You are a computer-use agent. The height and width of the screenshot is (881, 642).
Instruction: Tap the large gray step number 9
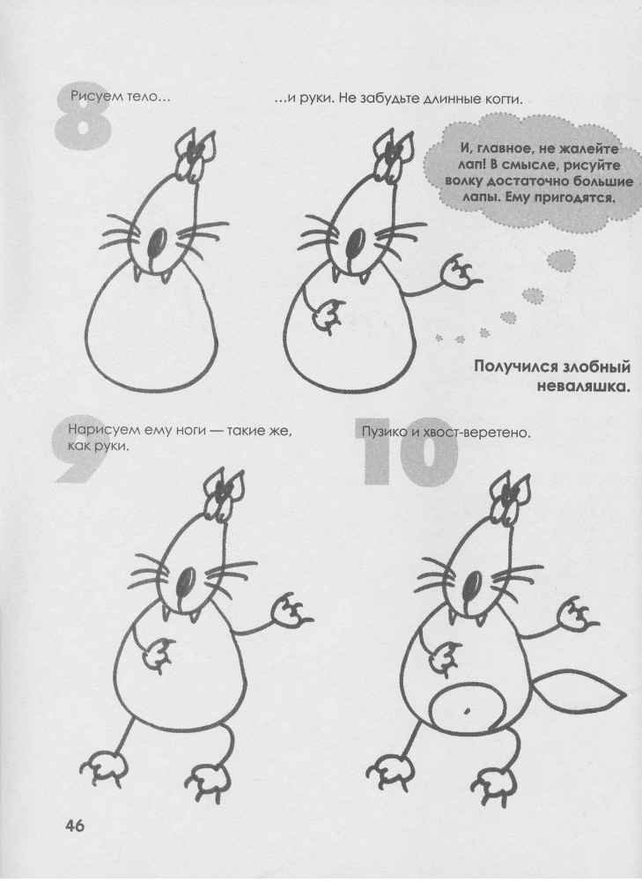80,451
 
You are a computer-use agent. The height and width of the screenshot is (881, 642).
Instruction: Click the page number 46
73,825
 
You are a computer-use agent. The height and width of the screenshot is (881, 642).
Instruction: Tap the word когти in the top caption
500,100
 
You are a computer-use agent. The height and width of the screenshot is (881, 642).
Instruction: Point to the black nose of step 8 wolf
159,242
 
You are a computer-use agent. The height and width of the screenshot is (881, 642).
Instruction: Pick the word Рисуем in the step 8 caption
96,100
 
